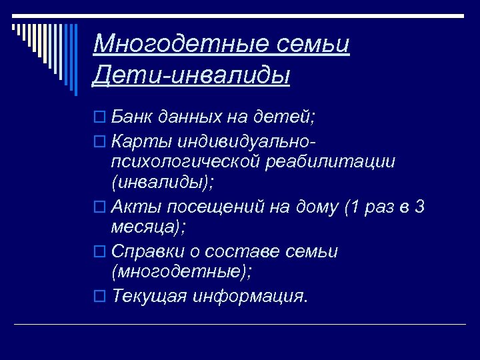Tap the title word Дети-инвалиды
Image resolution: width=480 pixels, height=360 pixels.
(x=192, y=75)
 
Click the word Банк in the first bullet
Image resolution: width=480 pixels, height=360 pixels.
(x=132, y=117)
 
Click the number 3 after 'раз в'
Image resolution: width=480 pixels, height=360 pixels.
(x=419, y=207)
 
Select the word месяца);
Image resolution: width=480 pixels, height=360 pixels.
(x=148, y=228)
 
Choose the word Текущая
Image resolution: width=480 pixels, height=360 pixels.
(x=149, y=295)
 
